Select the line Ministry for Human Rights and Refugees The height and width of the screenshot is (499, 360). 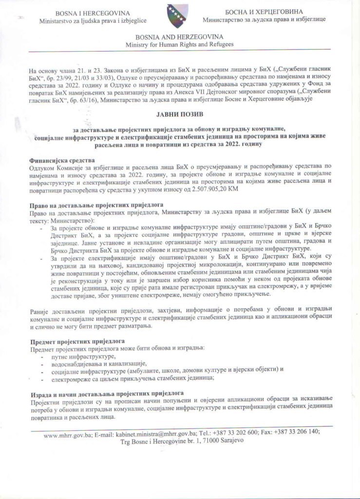(179, 44)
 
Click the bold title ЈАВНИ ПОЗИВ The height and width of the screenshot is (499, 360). (180, 115)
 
